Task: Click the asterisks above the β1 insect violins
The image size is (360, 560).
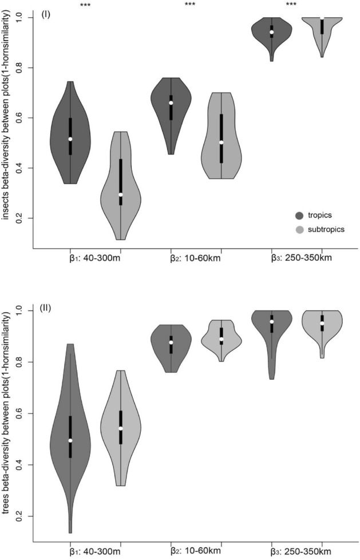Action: click(85, 5)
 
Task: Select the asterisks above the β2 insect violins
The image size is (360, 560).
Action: click(190, 5)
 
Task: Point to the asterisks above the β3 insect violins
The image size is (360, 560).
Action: click(291, 5)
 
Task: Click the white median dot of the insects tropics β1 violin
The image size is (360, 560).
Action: click(70, 139)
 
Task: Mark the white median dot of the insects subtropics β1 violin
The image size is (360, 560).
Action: click(121, 195)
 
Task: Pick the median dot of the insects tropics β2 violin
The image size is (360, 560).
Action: click(171, 103)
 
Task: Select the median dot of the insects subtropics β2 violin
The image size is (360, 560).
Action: click(221, 143)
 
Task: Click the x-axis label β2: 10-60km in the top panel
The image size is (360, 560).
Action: click(196, 258)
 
